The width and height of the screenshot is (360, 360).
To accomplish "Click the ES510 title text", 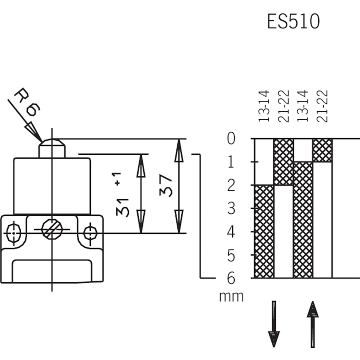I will pos(293,21).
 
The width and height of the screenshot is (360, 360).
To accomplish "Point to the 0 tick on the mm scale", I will pos(231,139).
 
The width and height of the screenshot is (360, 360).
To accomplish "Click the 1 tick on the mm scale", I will pos(231,162).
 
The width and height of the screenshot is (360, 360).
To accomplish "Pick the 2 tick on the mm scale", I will pos(231,185).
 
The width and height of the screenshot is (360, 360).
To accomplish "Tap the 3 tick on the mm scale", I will pos(231,208).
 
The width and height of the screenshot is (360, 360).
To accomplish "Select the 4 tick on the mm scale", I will pos(231,232).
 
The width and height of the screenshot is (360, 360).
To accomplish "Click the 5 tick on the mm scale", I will pos(231,255).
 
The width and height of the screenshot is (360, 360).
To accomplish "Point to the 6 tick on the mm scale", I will pos(231,279).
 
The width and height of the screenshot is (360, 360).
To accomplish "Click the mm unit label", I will pos(231,297).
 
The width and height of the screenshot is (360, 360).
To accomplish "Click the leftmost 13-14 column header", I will pos(264,107).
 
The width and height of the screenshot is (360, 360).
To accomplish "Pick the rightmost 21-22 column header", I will pos(323,107).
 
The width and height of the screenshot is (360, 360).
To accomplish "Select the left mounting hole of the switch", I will pos(13,232).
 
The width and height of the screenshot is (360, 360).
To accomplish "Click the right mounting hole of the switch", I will pos(91,232).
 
